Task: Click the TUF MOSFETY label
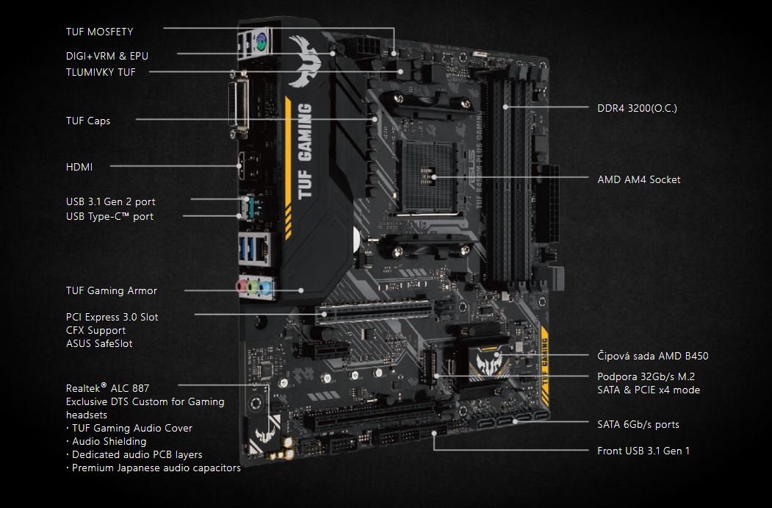(x=99, y=32)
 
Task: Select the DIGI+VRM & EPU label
(x=107, y=55)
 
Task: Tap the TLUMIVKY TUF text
(x=101, y=71)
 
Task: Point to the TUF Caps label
(x=88, y=120)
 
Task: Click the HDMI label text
(x=79, y=167)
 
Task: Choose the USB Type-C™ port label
(x=109, y=216)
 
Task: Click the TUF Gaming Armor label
(x=112, y=290)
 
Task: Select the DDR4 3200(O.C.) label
(x=637, y=108)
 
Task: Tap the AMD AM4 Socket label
(x=638, y=179)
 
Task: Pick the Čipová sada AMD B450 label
(x=652, y=356)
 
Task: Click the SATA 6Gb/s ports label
(x=638, y=424)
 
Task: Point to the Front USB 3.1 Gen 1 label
(x=643, y=451)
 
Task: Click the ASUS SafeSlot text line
(x=99, y=343)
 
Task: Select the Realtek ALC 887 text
(x=108, y=387)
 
